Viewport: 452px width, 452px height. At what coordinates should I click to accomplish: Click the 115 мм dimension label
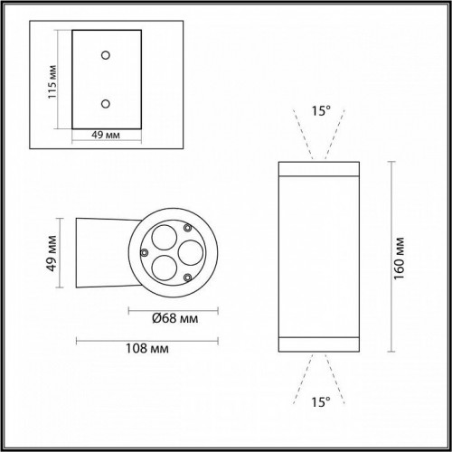click(54, 82)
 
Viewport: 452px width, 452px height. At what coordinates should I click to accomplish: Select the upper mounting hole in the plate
click(107, 56)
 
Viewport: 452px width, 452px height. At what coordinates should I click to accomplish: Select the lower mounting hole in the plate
click(107, 103)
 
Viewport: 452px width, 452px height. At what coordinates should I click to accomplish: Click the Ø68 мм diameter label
click(171, 318)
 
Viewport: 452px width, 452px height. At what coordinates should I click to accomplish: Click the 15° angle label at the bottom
click(321, 400)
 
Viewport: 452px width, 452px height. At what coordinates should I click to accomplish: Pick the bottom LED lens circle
click(163, 267)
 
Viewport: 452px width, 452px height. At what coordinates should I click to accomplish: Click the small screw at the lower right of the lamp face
click(185, 275)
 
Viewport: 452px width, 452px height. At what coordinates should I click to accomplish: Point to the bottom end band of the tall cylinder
click(321, 343)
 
